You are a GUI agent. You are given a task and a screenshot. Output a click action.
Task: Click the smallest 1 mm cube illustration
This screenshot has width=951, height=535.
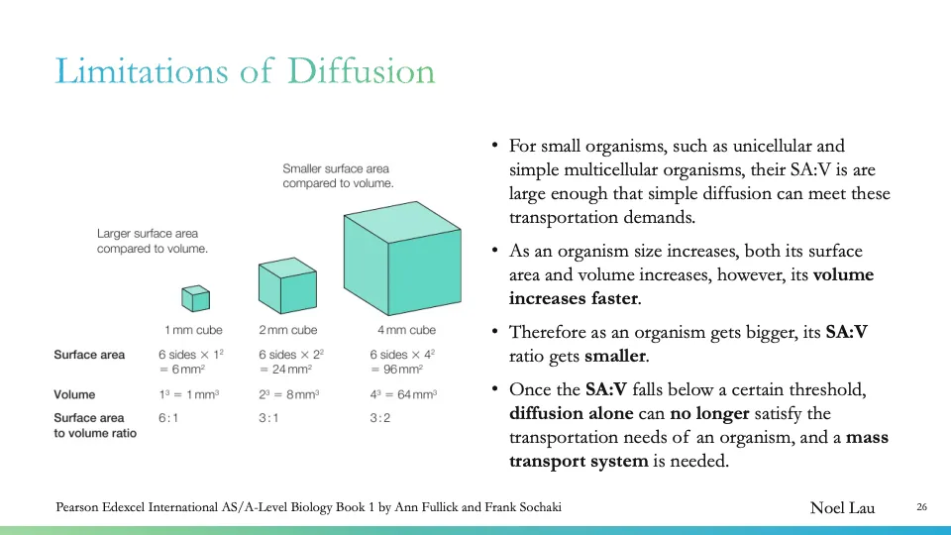tap(195, 298)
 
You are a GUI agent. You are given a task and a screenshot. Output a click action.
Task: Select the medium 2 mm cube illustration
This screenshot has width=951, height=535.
tap(287, 286)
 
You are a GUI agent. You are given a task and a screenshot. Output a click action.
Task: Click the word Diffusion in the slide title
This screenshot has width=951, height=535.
tap(362, 71)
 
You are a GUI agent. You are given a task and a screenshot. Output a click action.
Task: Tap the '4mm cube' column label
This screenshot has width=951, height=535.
tap(406, 330)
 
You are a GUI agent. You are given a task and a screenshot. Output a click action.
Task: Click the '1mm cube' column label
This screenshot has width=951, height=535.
tap(193, 330)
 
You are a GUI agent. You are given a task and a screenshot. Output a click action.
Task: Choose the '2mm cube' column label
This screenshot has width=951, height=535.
tap(288, 330)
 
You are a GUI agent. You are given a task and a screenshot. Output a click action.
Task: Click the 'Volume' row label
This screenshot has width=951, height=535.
tap(75, 394)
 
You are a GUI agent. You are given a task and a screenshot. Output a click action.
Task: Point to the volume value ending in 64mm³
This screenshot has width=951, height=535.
tap(403, 394)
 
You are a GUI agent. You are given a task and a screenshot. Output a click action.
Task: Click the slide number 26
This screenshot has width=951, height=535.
tap(921, 508)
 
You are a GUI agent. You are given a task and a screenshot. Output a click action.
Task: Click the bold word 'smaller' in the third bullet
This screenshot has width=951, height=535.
tap(614, 357)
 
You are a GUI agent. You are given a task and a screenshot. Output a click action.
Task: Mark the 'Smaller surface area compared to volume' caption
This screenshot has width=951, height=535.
tap(338, 176)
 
